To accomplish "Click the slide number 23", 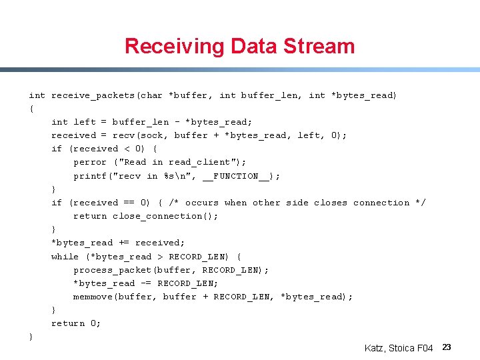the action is click(447, 347).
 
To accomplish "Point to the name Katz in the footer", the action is click(375, 348).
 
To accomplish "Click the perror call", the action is click(90, 162).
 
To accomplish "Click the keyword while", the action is click(65, 257).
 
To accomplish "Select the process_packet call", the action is click(113, 270).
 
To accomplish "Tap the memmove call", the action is click(93, 297).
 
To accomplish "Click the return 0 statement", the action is click(76, 323).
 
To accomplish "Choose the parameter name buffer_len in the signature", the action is click(269, 95).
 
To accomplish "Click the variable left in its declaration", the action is click(85, 122).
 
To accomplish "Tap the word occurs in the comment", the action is click(201, 203).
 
